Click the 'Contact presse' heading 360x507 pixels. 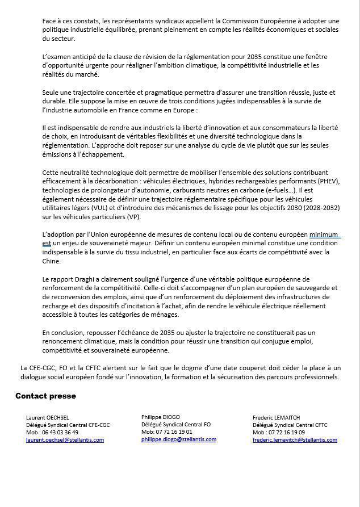[45, 396]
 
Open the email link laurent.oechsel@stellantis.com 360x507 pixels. [65, 440]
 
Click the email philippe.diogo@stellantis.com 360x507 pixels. [179, 439]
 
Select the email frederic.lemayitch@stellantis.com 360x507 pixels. [295, 440]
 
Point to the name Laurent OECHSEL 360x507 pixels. [48, 417]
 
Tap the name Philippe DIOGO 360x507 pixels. [161, 417]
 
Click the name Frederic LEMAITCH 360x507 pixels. [276, 417]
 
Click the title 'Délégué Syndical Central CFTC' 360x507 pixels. [290, 425]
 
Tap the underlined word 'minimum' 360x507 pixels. [324, 234]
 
